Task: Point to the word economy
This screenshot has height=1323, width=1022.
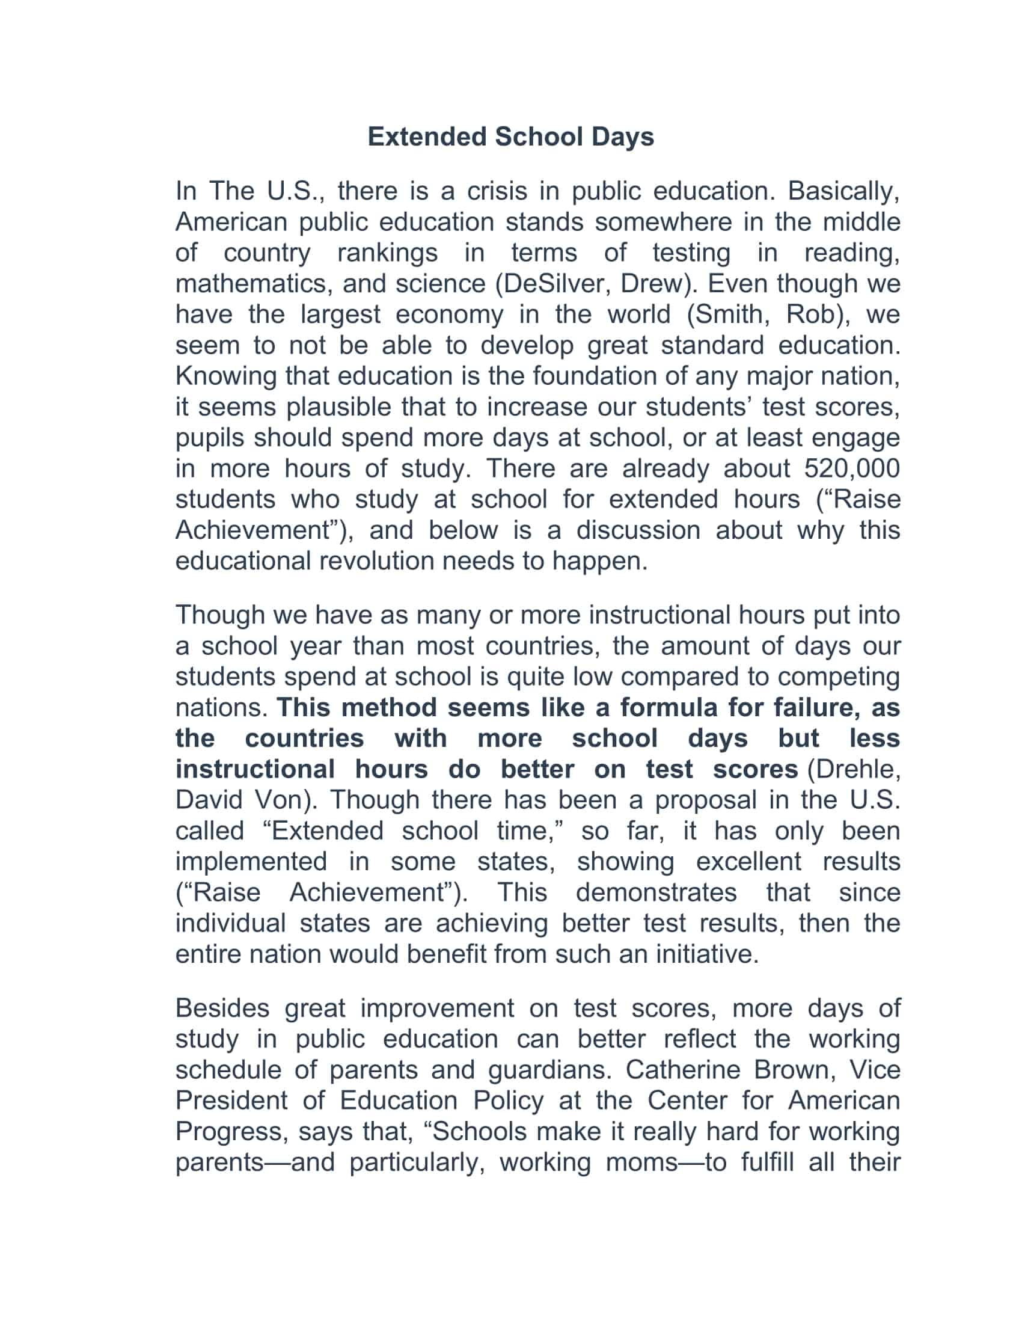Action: tap(449, 315)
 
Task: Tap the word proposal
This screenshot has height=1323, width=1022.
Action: tap(705, 800)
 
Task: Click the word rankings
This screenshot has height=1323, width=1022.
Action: tap(388, 253)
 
